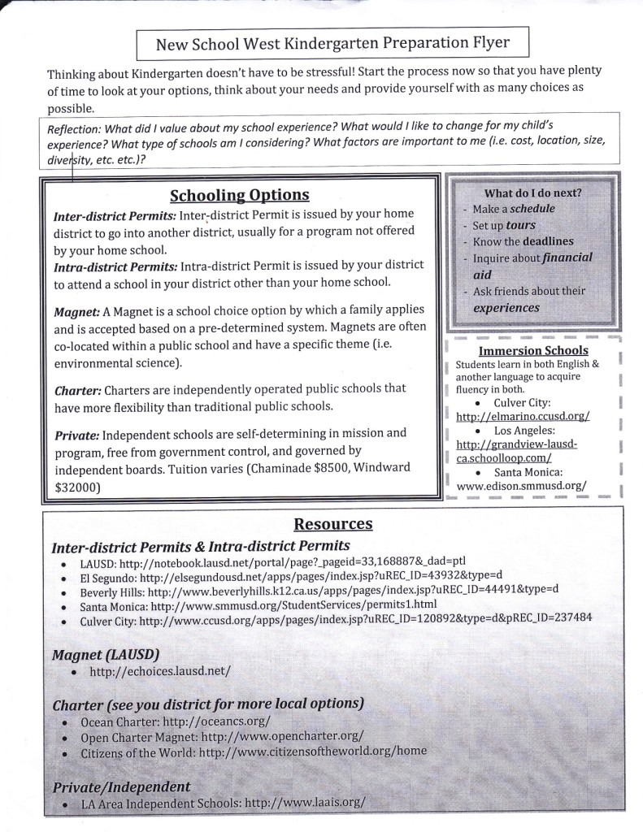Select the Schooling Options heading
pyautogui.click(x=239, y=195)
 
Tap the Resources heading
pyautogui.click(x=333, y=524)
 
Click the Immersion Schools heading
pyautogui.click(x=533, y=351)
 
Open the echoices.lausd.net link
pyautogui.click(x=160, y=671)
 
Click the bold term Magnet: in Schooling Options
pyautogui.click(x=76, y=312)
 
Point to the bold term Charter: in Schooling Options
pyautogui.click(x=77, y=389)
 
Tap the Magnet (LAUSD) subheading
pyautogui.click(x=105, y=654)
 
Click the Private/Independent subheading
pyautogui.click(x=121, y=786)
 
